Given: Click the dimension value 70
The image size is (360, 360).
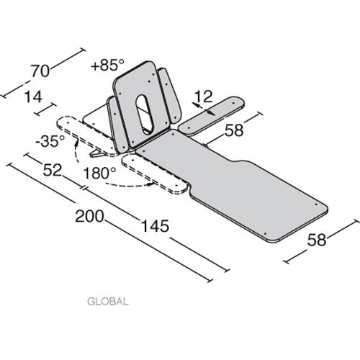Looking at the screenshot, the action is pyautogui.click(x=40, y=71).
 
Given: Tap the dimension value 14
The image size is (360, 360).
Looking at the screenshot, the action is pyautogui.click(x=34, y=97).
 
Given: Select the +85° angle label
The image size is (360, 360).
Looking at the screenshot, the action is pyautogui.click(x=108, y=65).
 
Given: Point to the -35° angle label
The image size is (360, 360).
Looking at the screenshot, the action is pyautogui.click(x=50, y=141).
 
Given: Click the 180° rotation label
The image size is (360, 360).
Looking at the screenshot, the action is pyautogui.click(x=99, y=173).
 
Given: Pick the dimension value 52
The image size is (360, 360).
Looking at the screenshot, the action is pyautogui.click(x=52, y=170).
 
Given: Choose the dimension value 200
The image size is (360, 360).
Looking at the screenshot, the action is pyautogui.click(x=89, y=216).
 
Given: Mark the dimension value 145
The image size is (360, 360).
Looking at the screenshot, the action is pyautogui.click(x=155, y=226).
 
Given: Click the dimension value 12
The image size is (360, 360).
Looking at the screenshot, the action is pyautogui.click(x=203, y=96).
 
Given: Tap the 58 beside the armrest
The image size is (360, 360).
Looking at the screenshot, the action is pyautogui.click(x=234, y=130).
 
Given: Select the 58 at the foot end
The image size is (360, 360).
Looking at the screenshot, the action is pyautogui.click(x=317, y=240).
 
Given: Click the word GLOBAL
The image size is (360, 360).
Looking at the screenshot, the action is pyautogui.click(x=108, y=302).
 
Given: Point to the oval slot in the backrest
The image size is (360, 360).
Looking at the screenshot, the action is pyautogui.click(x=145, y=114).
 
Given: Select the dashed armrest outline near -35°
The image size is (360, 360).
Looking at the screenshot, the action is pyautogui.click(x=88, y=136).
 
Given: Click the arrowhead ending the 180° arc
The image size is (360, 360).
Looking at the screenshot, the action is pyautogui.click(x=150, y=184).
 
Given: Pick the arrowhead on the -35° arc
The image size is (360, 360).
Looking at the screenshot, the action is pyautogui.click(x=76, y=143).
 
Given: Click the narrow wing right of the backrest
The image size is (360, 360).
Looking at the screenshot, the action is pyautogui.click(x=169, y=94).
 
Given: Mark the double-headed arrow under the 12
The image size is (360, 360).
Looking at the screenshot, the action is pyautogui.click(x=204, y=109).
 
